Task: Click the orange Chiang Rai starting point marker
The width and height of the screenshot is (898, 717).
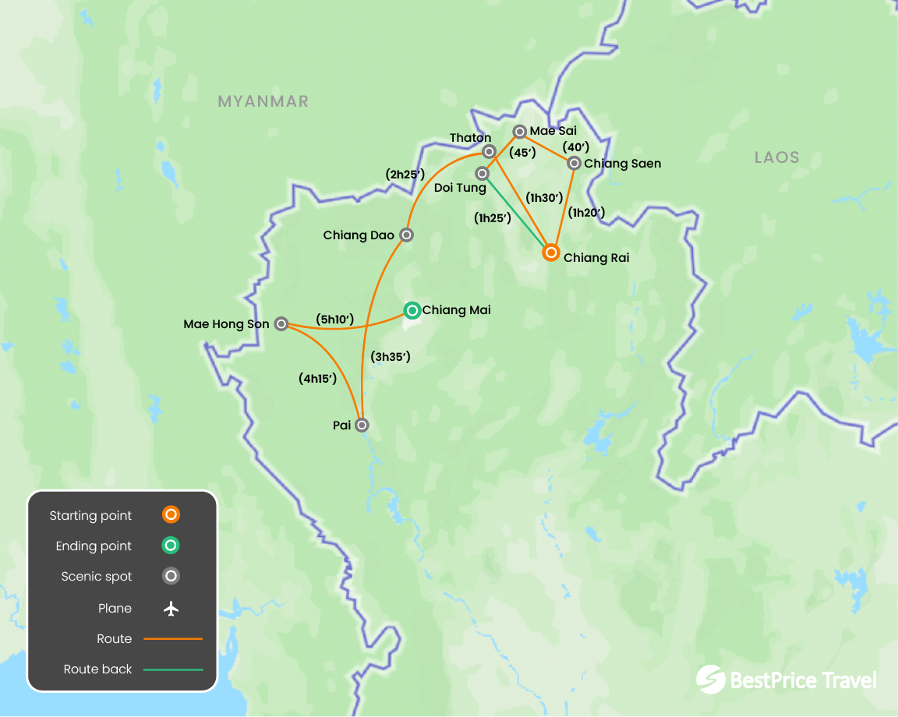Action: point(550,253)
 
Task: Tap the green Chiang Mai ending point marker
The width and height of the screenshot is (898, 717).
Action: point(412,310)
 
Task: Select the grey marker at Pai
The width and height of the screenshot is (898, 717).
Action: point(362,425)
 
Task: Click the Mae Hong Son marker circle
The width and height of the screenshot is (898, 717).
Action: point(281,323)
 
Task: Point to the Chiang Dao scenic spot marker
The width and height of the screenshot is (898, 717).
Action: point(406,235)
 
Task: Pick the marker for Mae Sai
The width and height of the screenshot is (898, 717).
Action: point(519,132)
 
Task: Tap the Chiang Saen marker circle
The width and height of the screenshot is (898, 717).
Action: point(574,163)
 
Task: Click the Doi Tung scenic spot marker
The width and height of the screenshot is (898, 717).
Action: point(483,173)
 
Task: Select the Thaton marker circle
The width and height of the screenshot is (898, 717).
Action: point(489,151)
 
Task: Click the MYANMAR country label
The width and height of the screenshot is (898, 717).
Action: point(263,101)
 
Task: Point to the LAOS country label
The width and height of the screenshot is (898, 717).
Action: point(776,157)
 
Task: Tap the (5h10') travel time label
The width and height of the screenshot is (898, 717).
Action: point(334,319)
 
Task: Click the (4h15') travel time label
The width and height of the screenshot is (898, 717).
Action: point(317,379)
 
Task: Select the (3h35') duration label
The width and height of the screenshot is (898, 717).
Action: point(391,357)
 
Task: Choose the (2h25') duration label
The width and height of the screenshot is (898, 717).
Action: point(405,175)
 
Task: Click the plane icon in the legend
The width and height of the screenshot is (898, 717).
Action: point(171,609)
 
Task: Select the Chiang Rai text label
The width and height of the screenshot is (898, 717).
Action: point(596,257)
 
